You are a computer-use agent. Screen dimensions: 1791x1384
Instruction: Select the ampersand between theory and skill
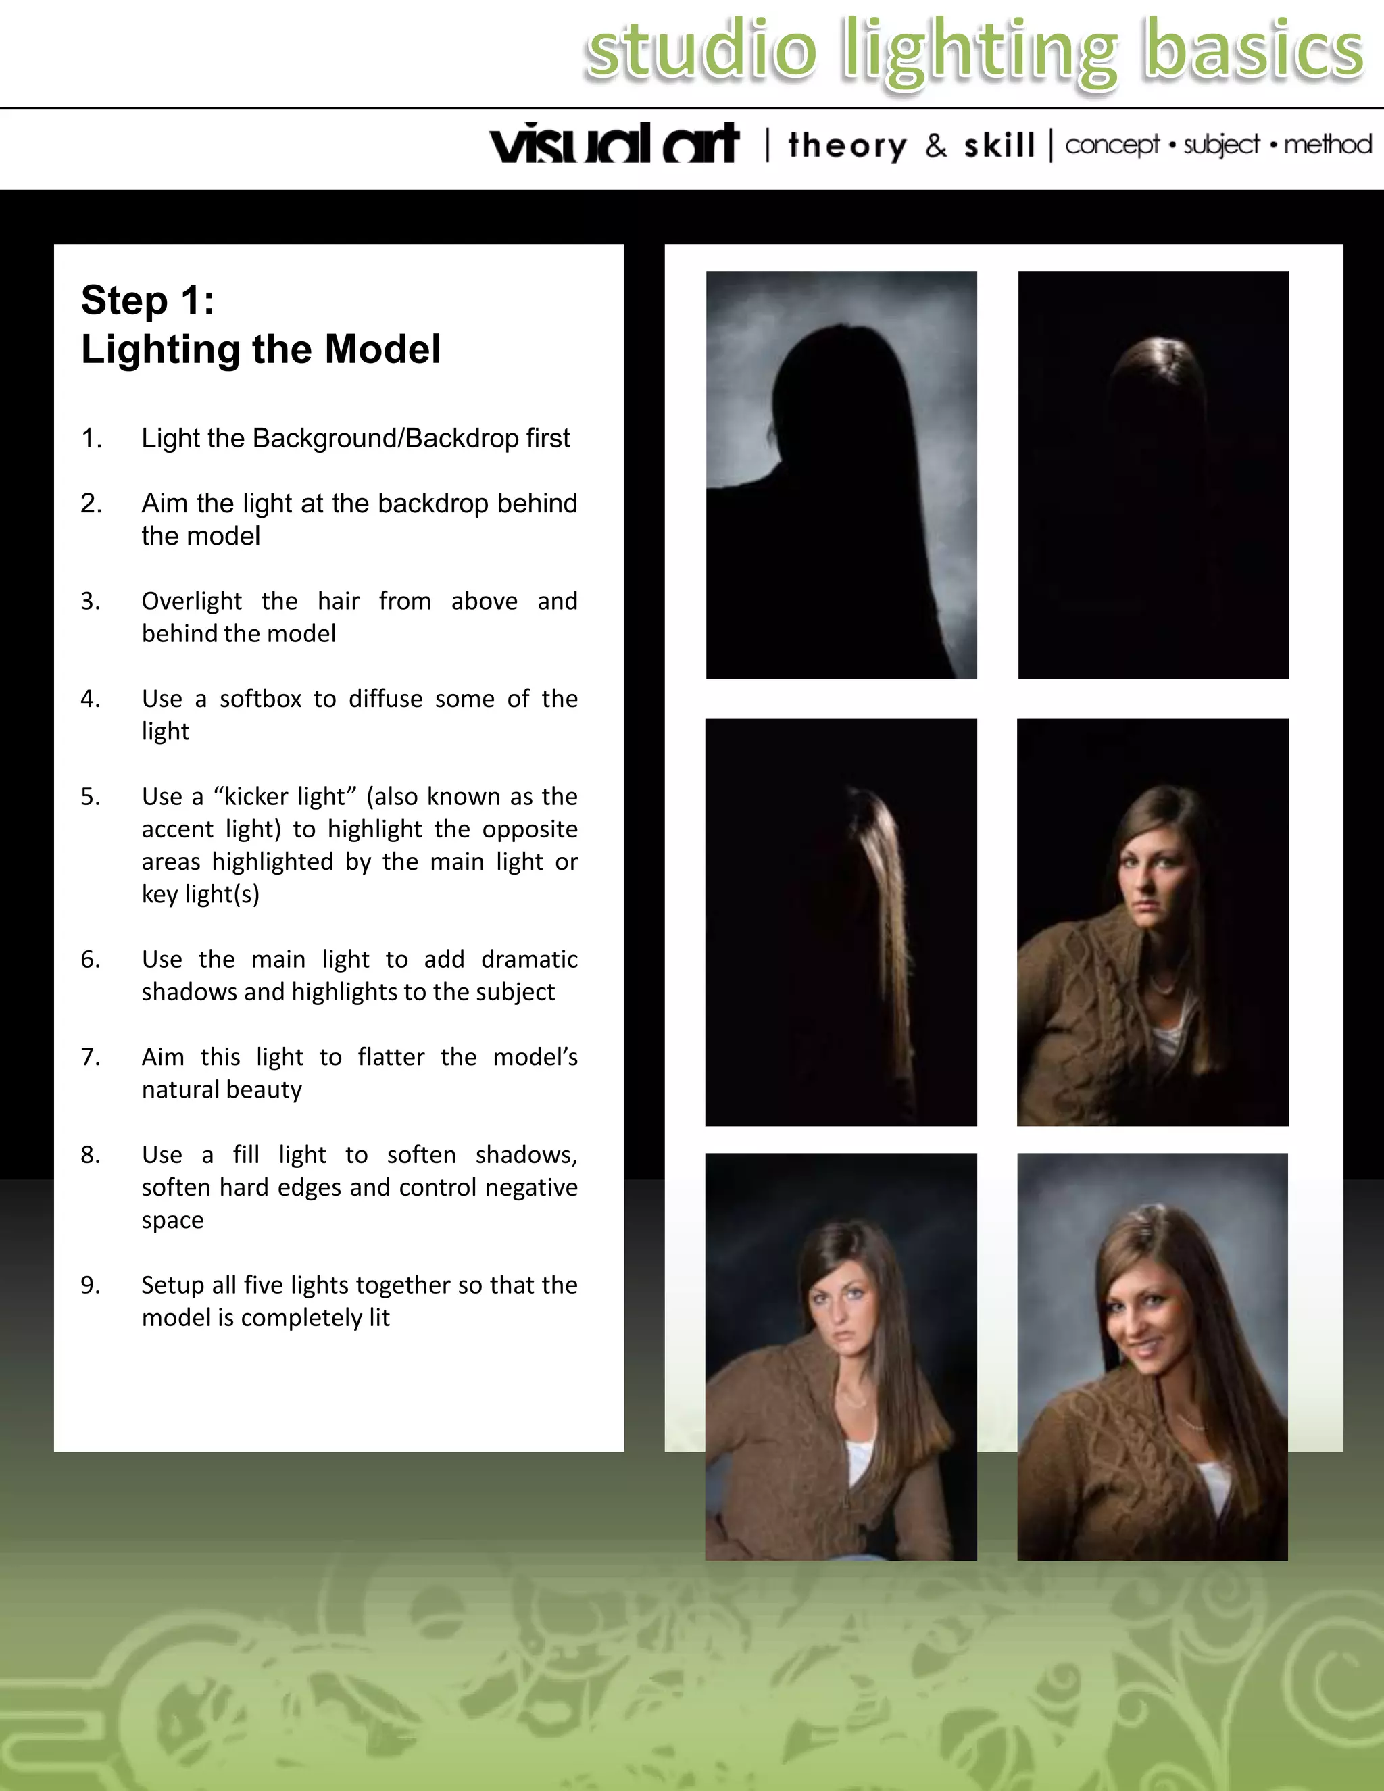(935, 146)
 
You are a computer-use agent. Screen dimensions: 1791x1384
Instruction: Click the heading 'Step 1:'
(147, 300)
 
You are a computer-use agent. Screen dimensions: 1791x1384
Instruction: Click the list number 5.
(90, 796)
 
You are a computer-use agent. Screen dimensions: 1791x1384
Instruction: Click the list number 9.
(90, 1285)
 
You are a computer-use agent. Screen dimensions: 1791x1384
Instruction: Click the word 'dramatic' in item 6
(529, 960)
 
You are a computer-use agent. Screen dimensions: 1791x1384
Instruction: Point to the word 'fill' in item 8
(246, 1154)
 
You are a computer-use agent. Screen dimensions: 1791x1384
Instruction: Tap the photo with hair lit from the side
(841, 922)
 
